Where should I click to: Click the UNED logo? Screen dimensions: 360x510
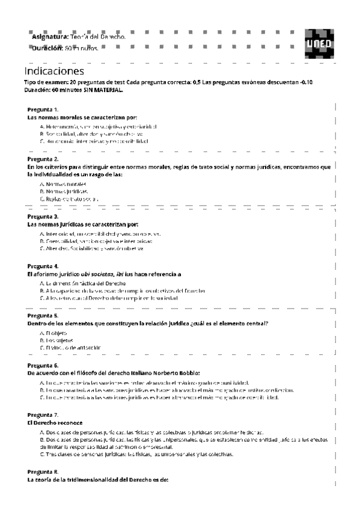(318, 42)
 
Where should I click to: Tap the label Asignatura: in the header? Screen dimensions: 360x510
(50, 37)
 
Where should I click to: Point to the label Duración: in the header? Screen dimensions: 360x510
(48, 48)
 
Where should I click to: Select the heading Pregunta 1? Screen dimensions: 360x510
(43, 109)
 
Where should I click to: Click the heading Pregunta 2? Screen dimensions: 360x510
(43, 159)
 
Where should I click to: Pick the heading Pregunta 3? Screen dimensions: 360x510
(43, 216)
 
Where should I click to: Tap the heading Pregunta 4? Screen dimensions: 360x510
(43, 266)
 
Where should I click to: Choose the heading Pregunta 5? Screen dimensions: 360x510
(43, 315)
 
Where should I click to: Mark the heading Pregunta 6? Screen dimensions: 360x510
(43, 366)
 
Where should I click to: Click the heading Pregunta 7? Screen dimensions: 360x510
(43, 415)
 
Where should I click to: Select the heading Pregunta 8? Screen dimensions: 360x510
(43, 472)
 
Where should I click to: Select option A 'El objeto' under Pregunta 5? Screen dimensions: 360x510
(55, 333)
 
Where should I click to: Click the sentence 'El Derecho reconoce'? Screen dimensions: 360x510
(55, 423)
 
